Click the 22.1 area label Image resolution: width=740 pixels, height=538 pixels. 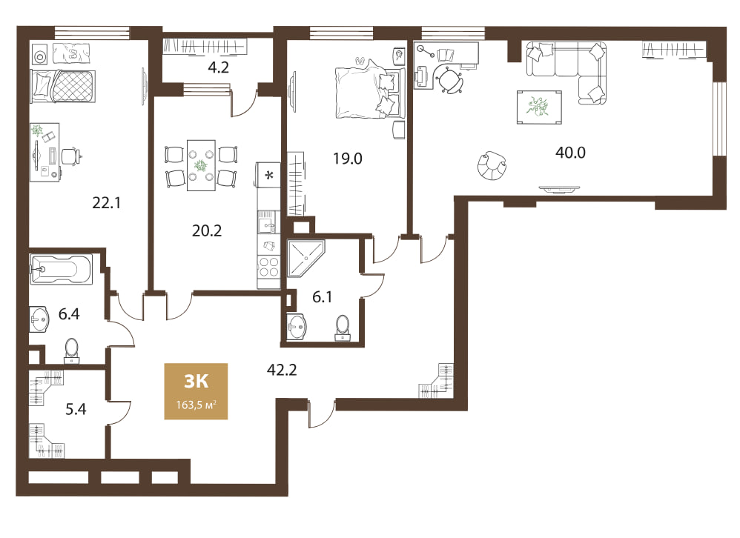point(106,203)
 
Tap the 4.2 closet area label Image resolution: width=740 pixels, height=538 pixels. point(219,68)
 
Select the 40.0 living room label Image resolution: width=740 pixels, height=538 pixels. point(570,153)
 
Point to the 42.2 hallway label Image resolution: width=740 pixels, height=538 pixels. point(282,370)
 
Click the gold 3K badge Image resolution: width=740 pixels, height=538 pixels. point(196,391)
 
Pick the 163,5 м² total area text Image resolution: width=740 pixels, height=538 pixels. point(196,405)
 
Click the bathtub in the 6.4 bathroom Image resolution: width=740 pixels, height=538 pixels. point(60,270)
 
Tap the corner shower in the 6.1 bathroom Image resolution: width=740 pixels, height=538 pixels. point(305,258)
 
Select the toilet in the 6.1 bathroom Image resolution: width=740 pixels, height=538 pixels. point(343,328)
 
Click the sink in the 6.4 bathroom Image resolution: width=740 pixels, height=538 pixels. point(39,319)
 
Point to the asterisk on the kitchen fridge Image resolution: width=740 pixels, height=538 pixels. point(269,176)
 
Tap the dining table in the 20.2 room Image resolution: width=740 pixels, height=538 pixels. point(201,165)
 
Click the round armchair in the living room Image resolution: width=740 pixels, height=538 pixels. point(492,165)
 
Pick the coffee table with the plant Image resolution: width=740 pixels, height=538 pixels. point(539,107)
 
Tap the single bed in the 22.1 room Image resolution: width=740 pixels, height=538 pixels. point(63,86)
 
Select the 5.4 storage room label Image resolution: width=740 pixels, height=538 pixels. point(76,409)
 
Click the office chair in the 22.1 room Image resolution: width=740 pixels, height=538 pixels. point(70,156)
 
